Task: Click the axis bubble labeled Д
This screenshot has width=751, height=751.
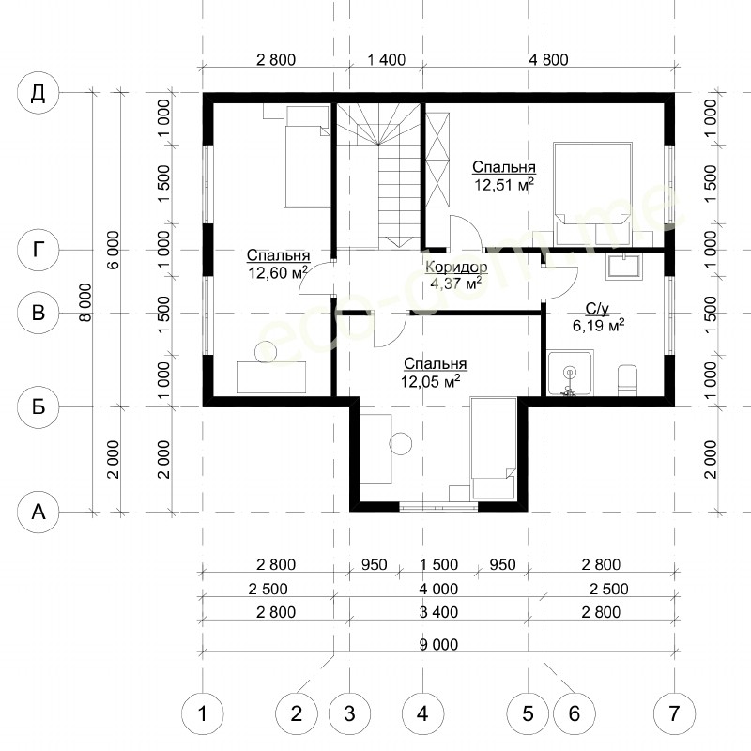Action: pos(38,92)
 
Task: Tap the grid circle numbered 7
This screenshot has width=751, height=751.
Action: pos(674,713)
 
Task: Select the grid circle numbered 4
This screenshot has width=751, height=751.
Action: pos(422,713)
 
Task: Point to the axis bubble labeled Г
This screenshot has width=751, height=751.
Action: pos(38,250)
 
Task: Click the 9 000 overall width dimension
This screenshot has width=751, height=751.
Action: pos(438,645)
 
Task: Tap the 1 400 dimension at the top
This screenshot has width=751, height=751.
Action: pos(386,60)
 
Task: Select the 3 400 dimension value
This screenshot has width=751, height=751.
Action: pos(438,612)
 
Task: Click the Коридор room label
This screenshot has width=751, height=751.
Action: pos(456,268)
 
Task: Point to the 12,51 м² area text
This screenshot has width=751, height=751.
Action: pos(504,184)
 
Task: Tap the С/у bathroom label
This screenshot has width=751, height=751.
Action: pos(597,310)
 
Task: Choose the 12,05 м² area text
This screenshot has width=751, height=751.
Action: pos(431,381)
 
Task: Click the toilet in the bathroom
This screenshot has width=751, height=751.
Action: pos(627,381)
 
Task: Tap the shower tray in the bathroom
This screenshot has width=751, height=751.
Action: pos(571,374)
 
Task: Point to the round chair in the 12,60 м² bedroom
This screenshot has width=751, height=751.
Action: pos(266,352)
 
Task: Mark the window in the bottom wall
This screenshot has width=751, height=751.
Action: pos(438,507)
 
